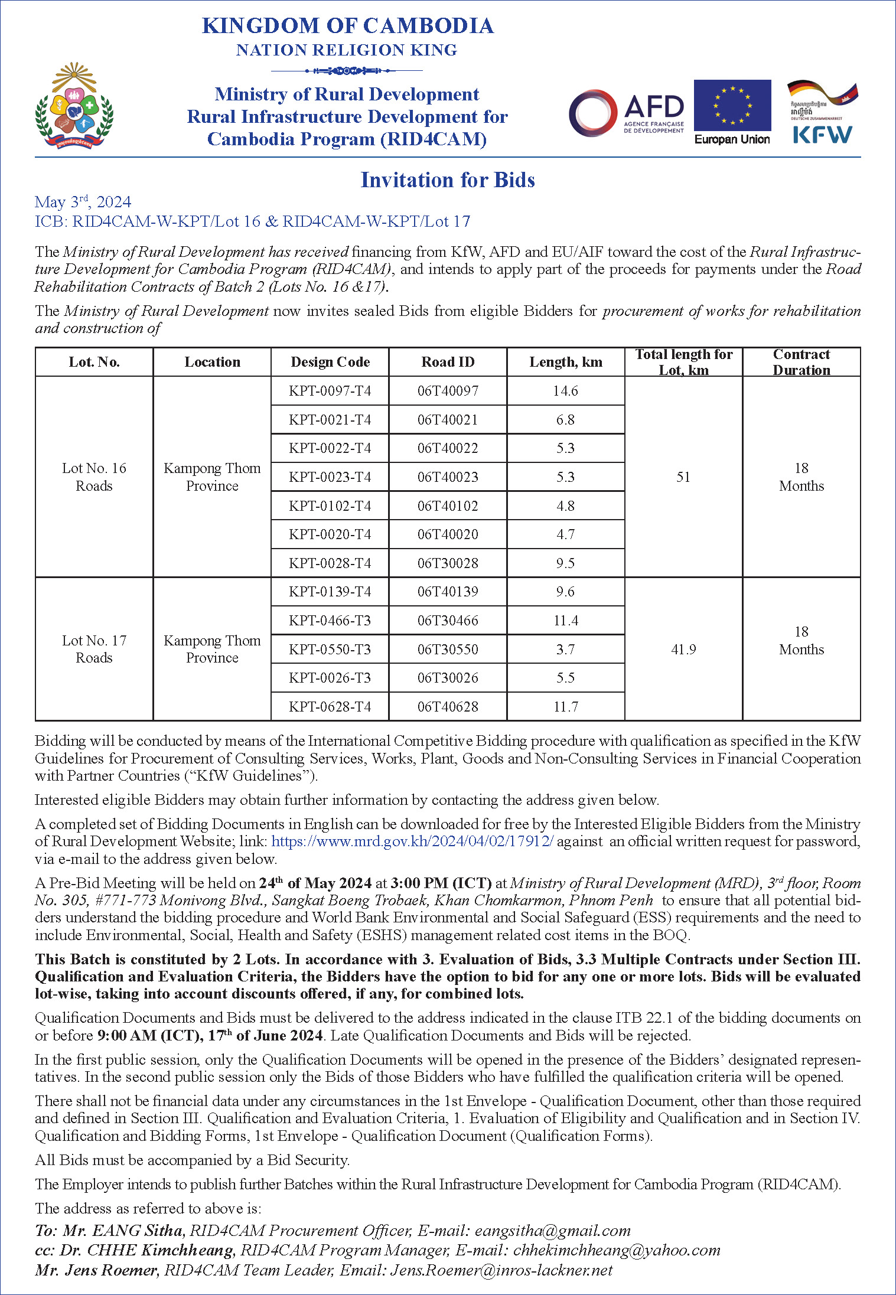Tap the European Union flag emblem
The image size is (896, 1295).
coord(732,105)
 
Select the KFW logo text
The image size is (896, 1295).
coord(822,134)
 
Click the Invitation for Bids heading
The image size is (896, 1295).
coord(448,180)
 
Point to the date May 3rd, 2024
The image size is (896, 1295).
coord(83,202)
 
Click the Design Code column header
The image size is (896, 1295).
coord(330,362)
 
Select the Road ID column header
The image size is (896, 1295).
coord(448,362)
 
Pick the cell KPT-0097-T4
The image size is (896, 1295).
coord(330,391)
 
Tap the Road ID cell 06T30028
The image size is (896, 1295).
coord(448,563)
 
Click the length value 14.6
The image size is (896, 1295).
coord(565,391)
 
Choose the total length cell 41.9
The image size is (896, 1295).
coord(683,650)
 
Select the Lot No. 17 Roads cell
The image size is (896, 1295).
coord(94,649)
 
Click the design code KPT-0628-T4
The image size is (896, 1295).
coord(330,706)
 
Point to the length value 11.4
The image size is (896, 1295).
coord(565,621)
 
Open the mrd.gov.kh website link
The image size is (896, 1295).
coord(412,841)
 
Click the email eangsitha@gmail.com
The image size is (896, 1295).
coord(552,1231)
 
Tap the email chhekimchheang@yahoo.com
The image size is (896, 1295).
coord(617,1250)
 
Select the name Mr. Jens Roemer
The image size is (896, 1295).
coord(96,1270)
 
